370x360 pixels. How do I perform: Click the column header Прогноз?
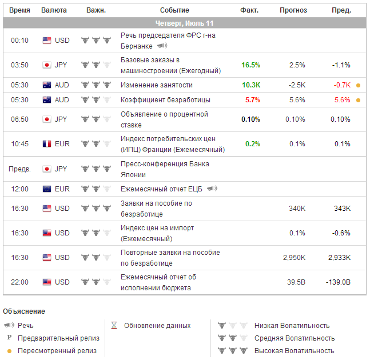(293, 10)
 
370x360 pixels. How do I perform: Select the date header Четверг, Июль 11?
(185, 23)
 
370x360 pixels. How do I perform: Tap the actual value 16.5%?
(250, 65)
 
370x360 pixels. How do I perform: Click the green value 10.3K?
(250, 85)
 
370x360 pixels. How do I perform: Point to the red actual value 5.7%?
(252, 99)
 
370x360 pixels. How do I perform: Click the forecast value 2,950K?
(294, 258)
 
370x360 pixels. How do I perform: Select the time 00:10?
(19, 41)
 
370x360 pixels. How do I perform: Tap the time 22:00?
(19, 282)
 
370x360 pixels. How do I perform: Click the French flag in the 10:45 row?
(47, 144)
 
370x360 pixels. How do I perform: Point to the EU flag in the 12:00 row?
(47, 189)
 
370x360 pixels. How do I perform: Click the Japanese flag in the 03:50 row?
(47, 65)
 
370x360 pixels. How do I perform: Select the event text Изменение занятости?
(157, 85)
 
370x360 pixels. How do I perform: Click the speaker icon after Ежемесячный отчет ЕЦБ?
(212, 189)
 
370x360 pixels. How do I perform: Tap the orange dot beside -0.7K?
(358, 85)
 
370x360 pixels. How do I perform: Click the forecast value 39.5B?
(296, 282)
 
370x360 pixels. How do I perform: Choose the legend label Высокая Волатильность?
(294, 351)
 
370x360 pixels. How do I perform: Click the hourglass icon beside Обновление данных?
(114, 326)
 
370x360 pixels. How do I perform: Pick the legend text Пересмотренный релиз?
(57, 351)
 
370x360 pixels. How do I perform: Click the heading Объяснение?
(24, 311)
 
